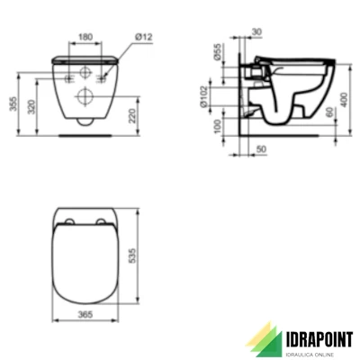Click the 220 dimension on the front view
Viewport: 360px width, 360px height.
[133, 113]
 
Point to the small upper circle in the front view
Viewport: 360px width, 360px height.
[85, 73]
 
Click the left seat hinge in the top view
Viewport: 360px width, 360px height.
[70, 221]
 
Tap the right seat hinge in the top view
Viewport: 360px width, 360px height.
[101, 221]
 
